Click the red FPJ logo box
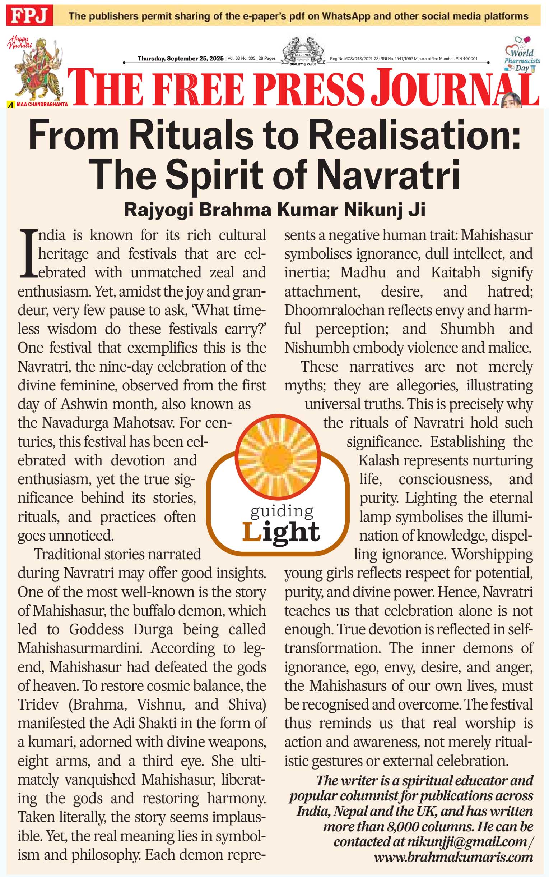[29, 15]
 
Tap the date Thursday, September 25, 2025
[181, 59]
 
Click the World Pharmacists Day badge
[522, 55]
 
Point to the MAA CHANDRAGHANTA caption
[42, 104]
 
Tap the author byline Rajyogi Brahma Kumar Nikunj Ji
[274, 210]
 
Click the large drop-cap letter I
[28, 253]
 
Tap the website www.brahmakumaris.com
[453, 857]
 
